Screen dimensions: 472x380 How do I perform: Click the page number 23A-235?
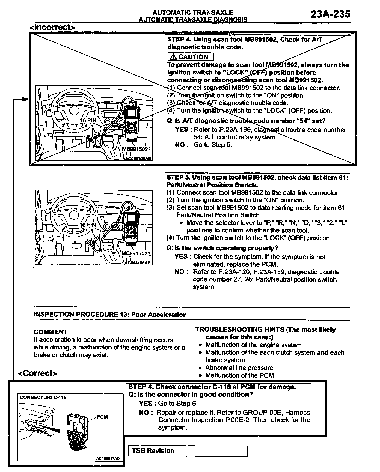click(330, 14)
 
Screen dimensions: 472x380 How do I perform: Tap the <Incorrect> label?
click(52, 27)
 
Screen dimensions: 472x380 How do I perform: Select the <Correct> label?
click(37, 373)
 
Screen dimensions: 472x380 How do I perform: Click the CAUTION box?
click(190, 57)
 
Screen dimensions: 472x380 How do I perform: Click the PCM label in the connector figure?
click(102, 417)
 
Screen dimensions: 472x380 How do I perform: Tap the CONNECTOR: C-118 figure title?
click(43, 398)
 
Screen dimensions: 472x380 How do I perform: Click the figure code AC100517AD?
click(108, 459)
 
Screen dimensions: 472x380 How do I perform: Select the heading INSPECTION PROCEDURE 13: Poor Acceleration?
click(110, 315)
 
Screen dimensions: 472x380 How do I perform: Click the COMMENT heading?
click(51, 332)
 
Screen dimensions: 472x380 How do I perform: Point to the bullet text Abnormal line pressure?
click(239, 368)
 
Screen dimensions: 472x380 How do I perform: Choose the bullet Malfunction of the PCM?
click(239, 375)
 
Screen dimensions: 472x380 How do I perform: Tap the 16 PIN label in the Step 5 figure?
click(88, 225)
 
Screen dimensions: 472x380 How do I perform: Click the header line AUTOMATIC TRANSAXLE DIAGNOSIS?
click(193, 19)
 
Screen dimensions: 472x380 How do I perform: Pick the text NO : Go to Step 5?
click(203, 145)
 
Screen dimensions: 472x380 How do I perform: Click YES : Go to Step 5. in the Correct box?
click(168, 403)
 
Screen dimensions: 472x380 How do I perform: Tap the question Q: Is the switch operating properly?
click(222, 248)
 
